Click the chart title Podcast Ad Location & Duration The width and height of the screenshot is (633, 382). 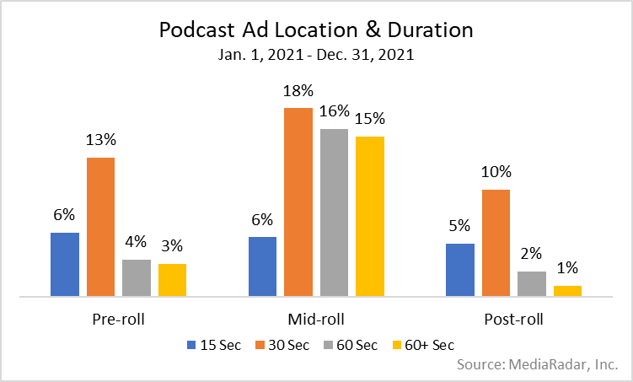(316, 30)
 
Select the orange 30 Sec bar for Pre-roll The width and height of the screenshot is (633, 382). (100, 227)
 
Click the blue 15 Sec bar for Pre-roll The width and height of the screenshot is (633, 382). (65, 264)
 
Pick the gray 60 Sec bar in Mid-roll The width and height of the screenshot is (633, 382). (334, 213)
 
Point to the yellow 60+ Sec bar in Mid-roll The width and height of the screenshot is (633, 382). (369, 216)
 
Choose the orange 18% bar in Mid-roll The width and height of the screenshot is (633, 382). (298, 202)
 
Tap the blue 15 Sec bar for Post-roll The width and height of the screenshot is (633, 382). (459, 270)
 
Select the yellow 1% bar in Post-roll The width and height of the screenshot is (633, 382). (567, 291)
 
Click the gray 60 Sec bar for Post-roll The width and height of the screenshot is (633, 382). (532, 284)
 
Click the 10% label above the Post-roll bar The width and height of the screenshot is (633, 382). (496, 173)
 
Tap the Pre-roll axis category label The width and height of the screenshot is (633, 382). (118, 320)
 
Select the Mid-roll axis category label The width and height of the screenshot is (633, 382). (316, 320)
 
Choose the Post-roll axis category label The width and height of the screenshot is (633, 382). (513, 320)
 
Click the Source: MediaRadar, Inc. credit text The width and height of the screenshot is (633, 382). (537, 365)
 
